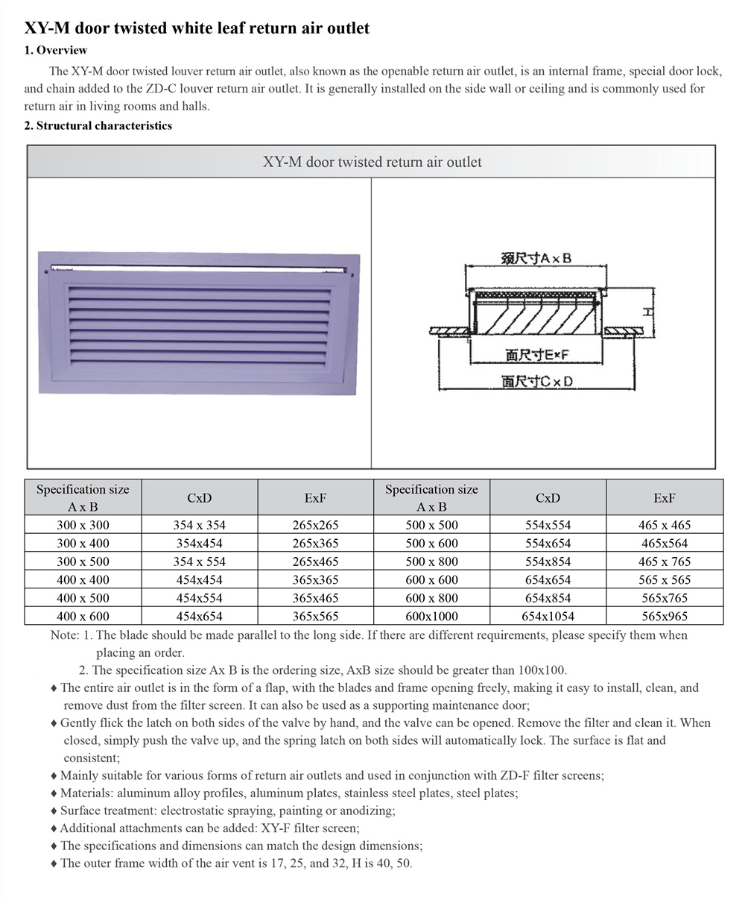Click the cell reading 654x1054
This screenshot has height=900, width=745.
(x=548, y=616)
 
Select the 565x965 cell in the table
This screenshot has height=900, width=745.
(x=665, y=616)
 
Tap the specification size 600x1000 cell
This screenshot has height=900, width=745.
(x=431, y=616)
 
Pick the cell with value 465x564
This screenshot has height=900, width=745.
(x=665, y=544)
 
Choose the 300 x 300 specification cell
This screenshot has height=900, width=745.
(x=83, y=525)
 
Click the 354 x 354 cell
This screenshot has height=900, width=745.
(x=199, y=525)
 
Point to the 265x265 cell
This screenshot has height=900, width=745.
(x=315, y=525)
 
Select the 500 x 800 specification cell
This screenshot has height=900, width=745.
(x=431, y=561)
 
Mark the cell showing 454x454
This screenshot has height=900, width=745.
(x=199, y=579)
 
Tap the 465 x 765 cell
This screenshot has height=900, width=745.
(x=665, y=561)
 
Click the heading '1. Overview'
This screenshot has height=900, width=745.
(x=56, y=51)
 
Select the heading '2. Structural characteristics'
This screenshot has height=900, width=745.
(x=98, y=125)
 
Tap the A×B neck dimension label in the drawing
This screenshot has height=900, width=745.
(x=536, y=258)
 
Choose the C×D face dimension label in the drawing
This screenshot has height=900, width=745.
(x=537, y=381)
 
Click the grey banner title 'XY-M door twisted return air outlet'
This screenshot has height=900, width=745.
(x=372, y=162)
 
